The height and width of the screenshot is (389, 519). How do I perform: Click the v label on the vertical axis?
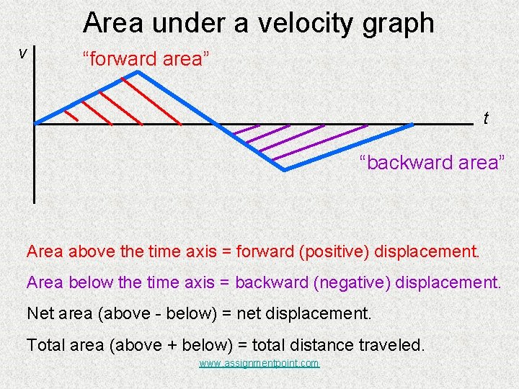point(23,53)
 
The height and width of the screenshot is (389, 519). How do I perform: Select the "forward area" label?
point(146,59)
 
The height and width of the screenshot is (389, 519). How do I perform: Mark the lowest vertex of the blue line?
point(284,170)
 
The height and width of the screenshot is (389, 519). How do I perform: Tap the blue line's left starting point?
point(37,122)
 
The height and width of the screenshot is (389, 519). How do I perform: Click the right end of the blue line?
point(412,125)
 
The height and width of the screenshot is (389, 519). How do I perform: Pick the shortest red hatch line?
point(71,115)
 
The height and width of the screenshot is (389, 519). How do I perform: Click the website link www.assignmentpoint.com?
point(259,364)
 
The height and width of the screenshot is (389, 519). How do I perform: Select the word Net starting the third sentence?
point(40,313)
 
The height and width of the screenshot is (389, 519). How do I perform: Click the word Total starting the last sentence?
point(45,345)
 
